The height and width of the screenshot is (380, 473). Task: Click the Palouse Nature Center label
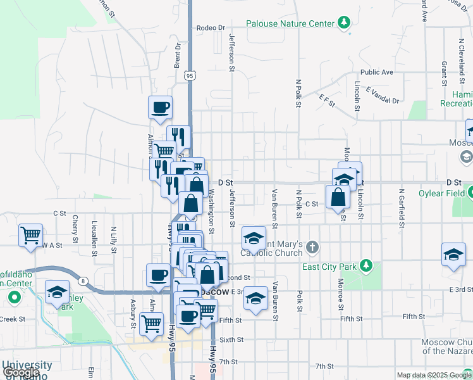point(290,23)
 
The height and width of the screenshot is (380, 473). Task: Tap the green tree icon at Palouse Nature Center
point(343,23)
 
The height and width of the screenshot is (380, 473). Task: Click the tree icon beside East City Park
point(365,264)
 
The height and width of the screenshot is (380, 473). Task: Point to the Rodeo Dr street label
point(211,28)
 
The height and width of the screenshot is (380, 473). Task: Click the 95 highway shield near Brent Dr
point(190,75)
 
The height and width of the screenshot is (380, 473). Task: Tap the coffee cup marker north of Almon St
point(160,107)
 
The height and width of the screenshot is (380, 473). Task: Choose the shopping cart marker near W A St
point(30,236)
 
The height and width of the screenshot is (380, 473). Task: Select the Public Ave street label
point(377,72)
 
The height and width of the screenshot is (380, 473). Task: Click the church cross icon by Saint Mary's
point(313,246)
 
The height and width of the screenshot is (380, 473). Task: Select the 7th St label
point(324,366)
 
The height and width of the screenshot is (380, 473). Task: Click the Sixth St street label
point(231,340)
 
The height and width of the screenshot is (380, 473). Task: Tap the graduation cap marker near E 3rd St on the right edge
point(453,255)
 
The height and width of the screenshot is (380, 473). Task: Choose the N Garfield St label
point(401,208)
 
